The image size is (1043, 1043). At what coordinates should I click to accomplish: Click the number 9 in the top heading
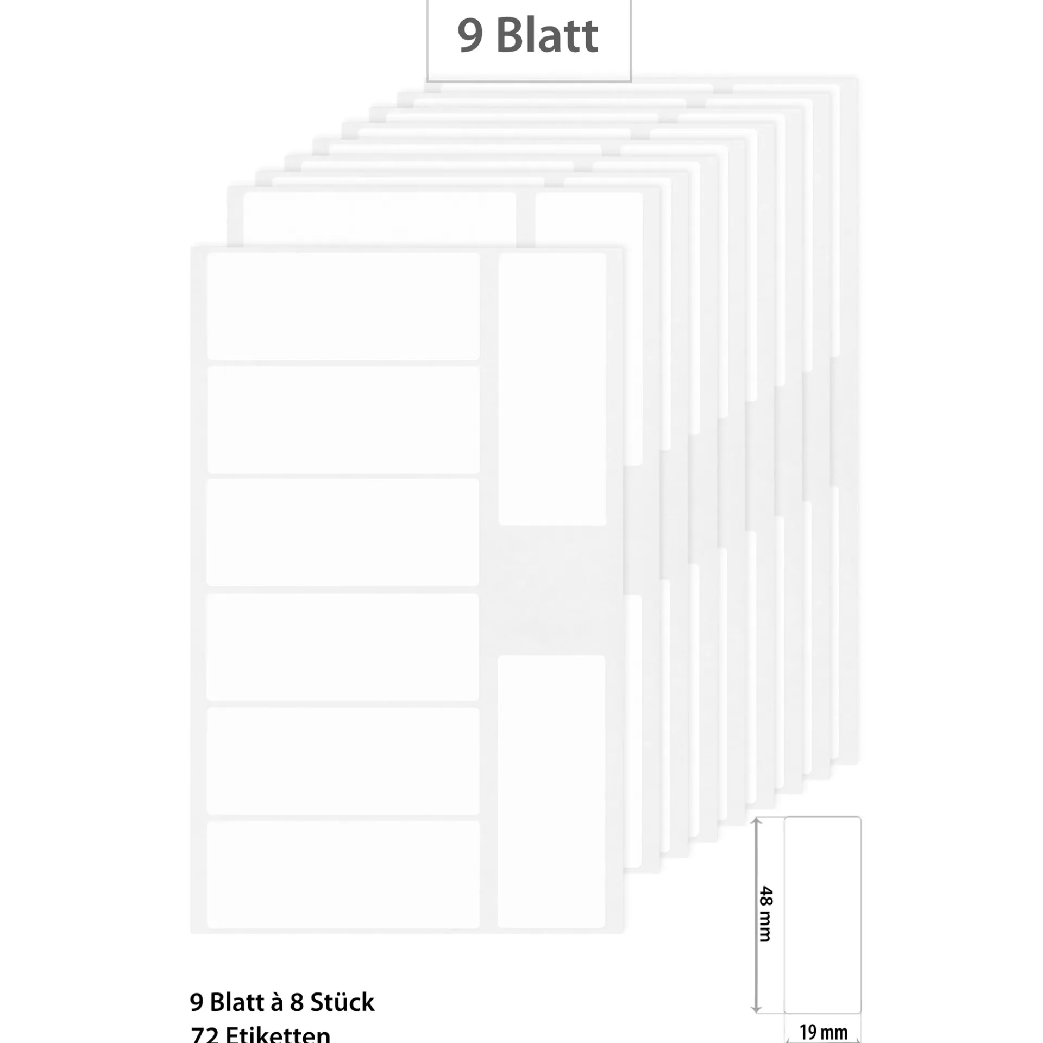tap(470, 36)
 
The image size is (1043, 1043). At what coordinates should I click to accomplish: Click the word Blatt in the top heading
tap(547, 36)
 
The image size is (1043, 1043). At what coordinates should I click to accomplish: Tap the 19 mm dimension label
tap(824, 1032)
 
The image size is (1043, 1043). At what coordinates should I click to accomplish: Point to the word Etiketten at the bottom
tap(278, 1035)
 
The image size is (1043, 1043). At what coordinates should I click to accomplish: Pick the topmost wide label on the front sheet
tap(343, 306)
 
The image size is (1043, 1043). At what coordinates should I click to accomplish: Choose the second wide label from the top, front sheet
tap(343, 419)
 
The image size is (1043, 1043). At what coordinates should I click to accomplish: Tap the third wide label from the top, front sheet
tap(343, 532)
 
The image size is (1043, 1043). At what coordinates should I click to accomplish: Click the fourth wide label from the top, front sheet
tap(343, 646)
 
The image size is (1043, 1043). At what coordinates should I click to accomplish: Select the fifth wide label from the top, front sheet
tap(343, 761)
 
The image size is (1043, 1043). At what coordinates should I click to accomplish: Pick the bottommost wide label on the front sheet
tap(343, 875)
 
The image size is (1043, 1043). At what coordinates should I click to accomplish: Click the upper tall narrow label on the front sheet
tap(552, 389)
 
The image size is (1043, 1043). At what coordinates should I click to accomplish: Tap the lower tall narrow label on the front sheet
tap(551, 791)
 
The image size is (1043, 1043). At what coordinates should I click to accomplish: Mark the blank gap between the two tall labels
tap(552, 590)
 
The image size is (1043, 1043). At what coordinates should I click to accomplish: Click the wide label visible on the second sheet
tap(379, 218)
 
